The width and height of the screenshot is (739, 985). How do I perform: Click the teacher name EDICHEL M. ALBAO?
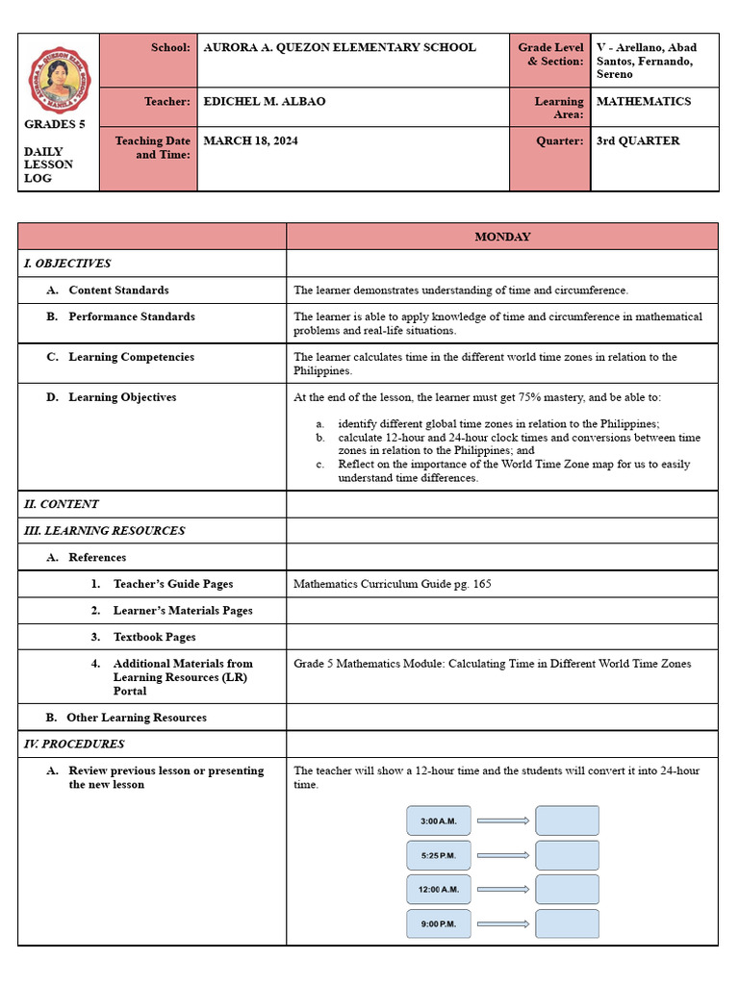click(x=265, y=101)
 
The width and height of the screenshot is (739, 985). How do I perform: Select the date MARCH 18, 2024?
click(x=250, y=140)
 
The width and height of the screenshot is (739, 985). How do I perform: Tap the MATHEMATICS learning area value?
click(x=644, y=101)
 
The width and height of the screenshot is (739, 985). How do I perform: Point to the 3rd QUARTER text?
click(x=638, y=140)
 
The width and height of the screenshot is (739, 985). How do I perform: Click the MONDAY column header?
click(x=501, y=237)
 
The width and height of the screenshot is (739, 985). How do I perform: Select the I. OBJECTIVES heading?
click(x=67, y=264)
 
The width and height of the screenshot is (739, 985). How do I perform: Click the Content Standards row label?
click(x=118, y=290)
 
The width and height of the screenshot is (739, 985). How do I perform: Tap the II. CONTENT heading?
click(x=62, y=504)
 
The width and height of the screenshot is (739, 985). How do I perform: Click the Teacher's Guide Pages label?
click(x=173, y=584)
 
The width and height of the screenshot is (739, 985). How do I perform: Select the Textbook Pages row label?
click(x=154, y=637)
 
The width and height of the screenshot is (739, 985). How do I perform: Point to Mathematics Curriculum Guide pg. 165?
click(x=393, y=584)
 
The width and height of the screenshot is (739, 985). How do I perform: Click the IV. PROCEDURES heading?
click(x=74, y=744)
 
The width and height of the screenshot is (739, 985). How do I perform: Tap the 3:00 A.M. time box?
click(x=439, y=821)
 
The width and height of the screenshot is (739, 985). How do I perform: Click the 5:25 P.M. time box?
click(x=439, y=855)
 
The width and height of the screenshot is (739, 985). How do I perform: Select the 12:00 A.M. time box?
click(x=439, y=890)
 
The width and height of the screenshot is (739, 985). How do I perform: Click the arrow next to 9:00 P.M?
click(x=503, y=924)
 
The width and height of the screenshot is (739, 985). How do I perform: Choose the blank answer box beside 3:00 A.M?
click(x=567, y=821)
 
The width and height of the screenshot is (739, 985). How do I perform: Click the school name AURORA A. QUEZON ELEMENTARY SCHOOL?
click(x=340, y=47)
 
